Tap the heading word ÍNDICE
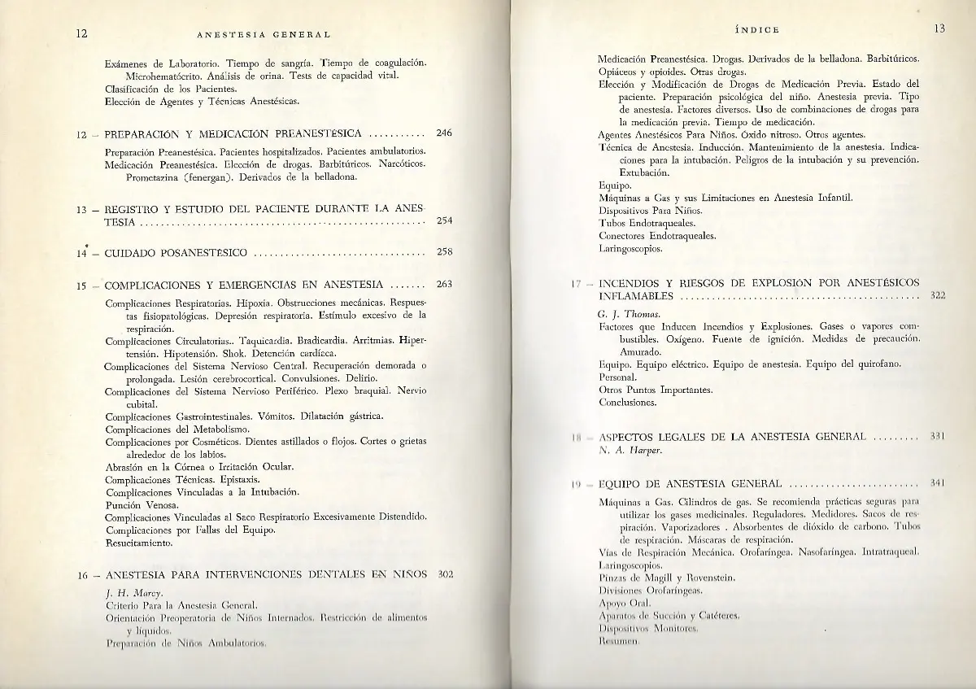(x=757, y=30)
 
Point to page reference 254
(x=444, y=220)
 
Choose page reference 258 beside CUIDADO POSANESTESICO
(x=444, y=252)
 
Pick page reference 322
(x=937, y=295)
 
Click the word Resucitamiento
(x=139, y=542)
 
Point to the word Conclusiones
(x=627, y=403)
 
